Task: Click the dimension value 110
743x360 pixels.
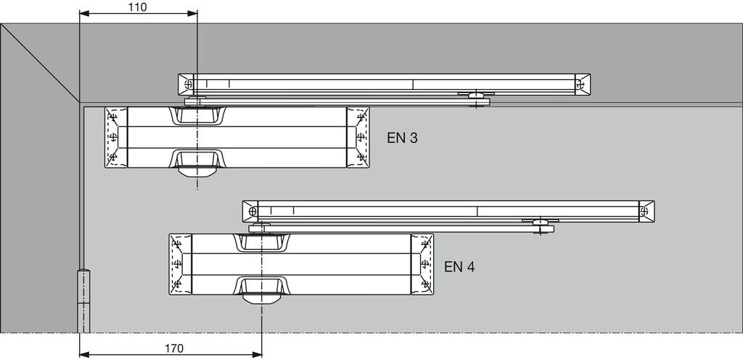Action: click(x=136, y=7)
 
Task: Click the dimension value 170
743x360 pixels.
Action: click(x=173, y=348)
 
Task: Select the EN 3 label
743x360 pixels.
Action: click(x=402, y=137)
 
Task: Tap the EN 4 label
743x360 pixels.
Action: click(x=459, y=266)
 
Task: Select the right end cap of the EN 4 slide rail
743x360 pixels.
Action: click(x=646, y=210)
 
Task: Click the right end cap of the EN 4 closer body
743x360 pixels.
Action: click(x=422, y=264)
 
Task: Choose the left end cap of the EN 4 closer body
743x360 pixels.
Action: click(x=179, y=264)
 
